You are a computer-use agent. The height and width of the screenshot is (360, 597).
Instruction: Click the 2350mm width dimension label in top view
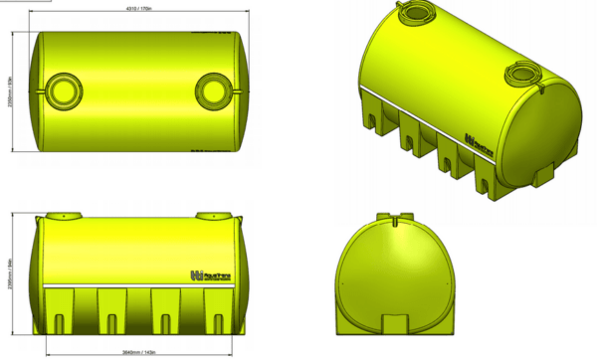9,91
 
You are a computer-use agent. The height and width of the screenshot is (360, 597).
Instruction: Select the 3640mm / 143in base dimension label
134,353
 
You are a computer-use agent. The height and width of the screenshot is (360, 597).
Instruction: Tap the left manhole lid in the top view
62,90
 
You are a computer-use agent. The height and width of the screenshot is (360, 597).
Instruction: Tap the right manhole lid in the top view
214,90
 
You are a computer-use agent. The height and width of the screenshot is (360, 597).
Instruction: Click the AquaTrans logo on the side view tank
205,274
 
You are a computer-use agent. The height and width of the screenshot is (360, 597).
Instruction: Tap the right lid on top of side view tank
213,216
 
